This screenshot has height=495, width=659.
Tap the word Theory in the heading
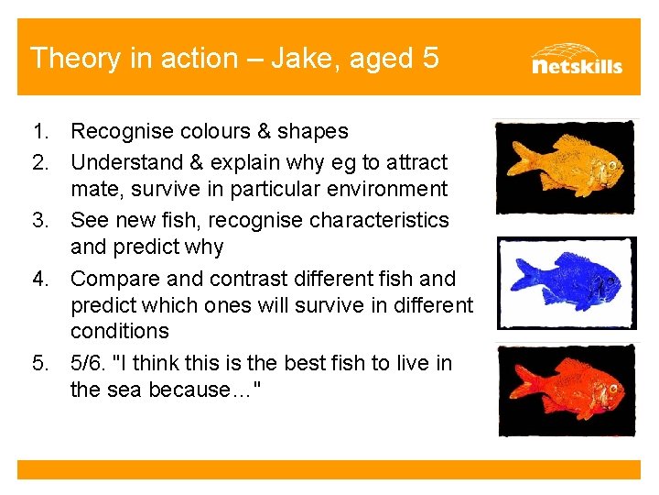pos(71,59)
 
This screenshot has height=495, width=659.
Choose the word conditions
pos(119,331)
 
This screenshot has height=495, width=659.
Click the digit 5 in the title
pos(430,59)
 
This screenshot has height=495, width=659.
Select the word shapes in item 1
pos(315,132)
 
